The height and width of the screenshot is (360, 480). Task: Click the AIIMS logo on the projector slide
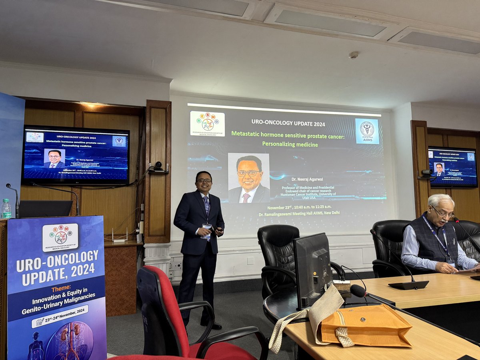click(367, 131)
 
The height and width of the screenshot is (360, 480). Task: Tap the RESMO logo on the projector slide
click(207, 124)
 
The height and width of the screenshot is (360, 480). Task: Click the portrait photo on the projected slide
click(249, 178)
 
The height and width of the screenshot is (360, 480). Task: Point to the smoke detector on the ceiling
click(353, 55)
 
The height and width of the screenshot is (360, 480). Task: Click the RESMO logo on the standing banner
click(60, 237)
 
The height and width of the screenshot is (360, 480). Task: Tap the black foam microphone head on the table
click(358, 291)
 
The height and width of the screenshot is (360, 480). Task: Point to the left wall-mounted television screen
click(76, 155)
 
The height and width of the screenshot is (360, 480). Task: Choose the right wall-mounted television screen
click(452, 166)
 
